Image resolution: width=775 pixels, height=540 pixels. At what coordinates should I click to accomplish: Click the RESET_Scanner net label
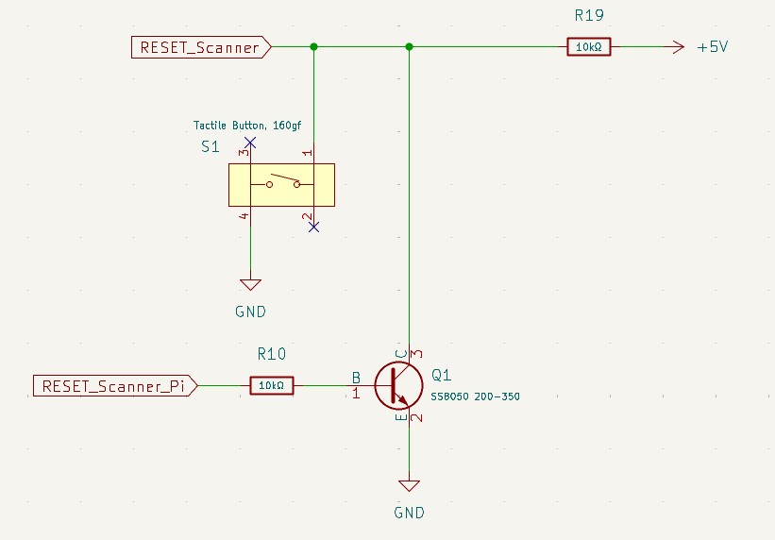200,47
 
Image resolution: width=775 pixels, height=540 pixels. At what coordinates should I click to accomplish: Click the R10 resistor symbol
271,385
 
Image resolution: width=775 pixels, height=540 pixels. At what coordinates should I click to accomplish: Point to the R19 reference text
590,15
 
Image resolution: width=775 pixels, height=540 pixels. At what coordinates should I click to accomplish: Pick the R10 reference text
271,354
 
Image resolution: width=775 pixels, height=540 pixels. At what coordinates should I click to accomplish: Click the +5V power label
712,47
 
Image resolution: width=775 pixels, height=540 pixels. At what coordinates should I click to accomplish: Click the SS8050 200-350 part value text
475,397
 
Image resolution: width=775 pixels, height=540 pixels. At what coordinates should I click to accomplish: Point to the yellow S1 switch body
281,184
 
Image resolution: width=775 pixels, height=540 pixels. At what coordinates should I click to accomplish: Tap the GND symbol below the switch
250,283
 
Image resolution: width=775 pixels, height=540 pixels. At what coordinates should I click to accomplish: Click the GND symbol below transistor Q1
409,486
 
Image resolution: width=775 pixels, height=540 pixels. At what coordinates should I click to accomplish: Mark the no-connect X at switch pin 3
250,142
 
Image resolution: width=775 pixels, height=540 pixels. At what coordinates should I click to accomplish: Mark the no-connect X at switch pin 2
313,227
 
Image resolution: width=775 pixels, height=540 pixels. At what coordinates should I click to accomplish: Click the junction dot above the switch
313,47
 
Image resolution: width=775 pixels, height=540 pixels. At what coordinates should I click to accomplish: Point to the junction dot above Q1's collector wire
409,47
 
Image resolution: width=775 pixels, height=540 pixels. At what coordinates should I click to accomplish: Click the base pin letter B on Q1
356,377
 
